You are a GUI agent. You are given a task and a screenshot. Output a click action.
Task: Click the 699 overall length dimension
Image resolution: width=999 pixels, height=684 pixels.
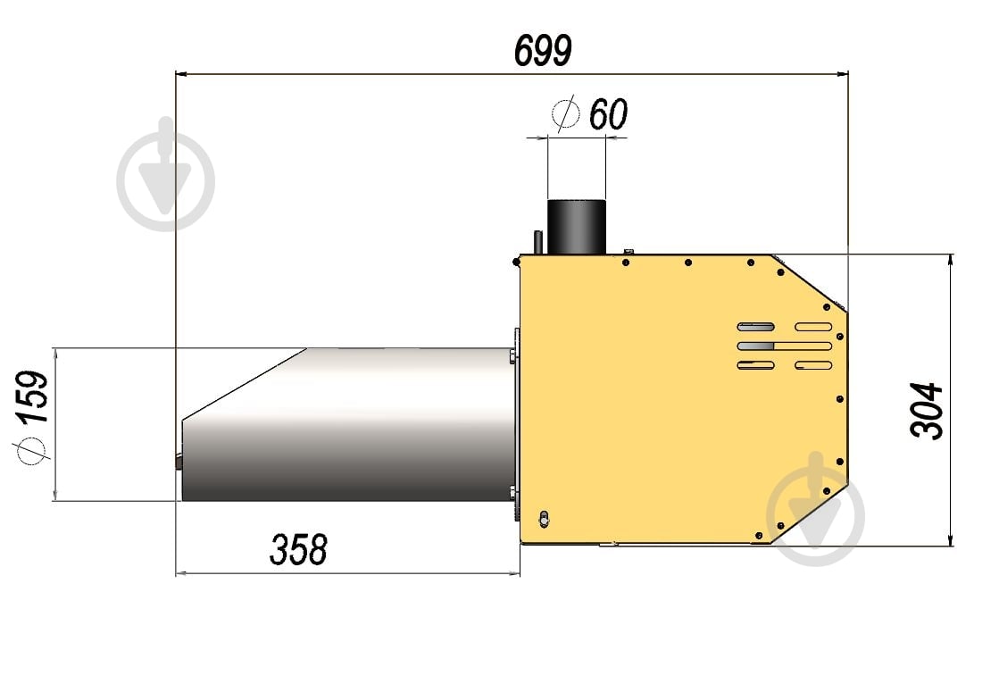tap(543, 50)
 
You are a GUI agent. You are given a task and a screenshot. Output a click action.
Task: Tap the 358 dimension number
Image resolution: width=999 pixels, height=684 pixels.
tap(298, 549)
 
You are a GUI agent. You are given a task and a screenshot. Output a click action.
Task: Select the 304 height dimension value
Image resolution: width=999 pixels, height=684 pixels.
tap(927, 411)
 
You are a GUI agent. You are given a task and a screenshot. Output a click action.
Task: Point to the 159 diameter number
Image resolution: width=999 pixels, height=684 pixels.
tap(32, 396)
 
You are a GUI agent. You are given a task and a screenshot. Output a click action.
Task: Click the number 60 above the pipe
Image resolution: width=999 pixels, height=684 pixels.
tap(609, 114)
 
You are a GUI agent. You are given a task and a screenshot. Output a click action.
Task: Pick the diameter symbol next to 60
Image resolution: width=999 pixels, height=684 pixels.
tap(566, 113)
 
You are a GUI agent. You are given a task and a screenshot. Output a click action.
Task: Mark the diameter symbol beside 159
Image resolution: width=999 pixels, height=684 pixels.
tap(31, 451)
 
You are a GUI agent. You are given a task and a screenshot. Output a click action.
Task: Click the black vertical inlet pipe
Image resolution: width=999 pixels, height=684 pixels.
tap(577, 227)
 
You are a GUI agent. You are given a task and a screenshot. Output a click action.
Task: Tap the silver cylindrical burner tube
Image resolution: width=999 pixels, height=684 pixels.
tap(347, 424)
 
